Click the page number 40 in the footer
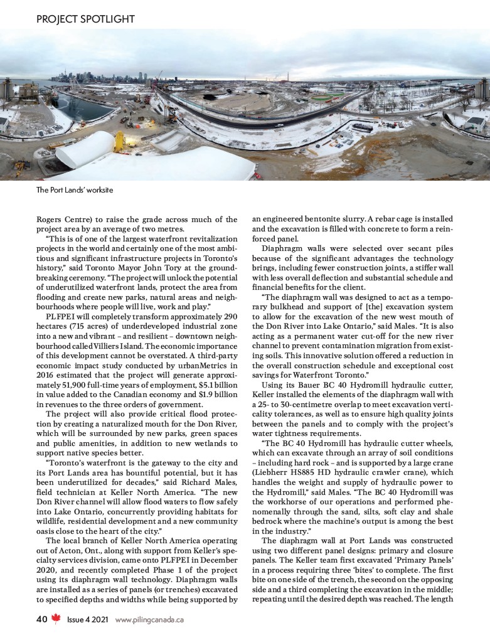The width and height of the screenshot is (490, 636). (41, 620)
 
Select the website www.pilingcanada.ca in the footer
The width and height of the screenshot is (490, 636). (149, 620)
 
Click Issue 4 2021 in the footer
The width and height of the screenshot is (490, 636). (88, 620)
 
